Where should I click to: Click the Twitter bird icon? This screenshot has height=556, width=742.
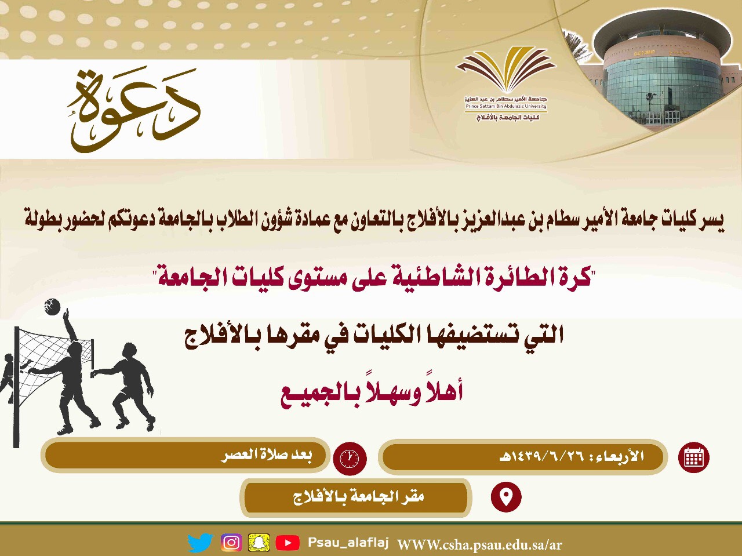point(201,543)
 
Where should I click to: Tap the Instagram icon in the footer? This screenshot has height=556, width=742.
point(231,543)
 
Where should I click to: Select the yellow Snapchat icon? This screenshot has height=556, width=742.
point(259,543)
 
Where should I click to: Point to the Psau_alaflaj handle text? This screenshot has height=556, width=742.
point(348,543)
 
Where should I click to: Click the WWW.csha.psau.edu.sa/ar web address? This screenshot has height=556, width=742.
point(479,544)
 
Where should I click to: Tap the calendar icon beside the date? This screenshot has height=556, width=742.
point(694,457)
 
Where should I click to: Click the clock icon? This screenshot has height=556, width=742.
point(350,459)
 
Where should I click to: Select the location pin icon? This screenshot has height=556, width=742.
point(506,497)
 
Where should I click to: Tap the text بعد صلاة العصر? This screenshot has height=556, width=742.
point(267,455)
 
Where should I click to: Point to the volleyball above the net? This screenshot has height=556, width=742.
point(52,307)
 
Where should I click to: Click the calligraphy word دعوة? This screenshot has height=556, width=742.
point(134,110)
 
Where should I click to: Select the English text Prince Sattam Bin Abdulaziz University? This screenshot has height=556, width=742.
point(506,106)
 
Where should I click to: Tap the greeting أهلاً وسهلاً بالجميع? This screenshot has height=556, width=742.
point(372,392)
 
